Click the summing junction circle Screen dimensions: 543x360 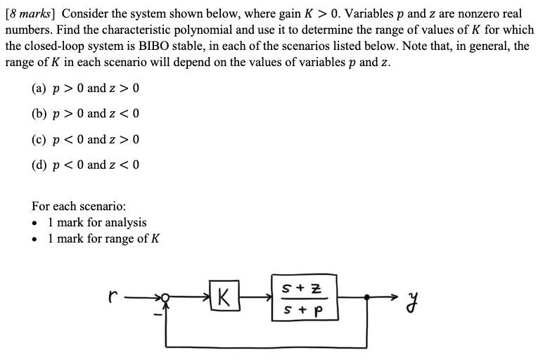point(166,297)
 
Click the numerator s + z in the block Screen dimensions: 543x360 point(302,288)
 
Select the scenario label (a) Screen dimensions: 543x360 point(39,88)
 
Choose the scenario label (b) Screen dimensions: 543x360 point(39,113)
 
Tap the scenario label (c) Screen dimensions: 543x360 point(39,139)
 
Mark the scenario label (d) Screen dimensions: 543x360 point(39,165)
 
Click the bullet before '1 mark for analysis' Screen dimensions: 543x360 point(35,223)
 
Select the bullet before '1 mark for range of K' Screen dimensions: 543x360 point(35,239)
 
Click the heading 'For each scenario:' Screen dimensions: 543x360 point(79,206)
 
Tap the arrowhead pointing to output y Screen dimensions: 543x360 point(400,297)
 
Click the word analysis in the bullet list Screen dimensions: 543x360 point(125,223)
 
